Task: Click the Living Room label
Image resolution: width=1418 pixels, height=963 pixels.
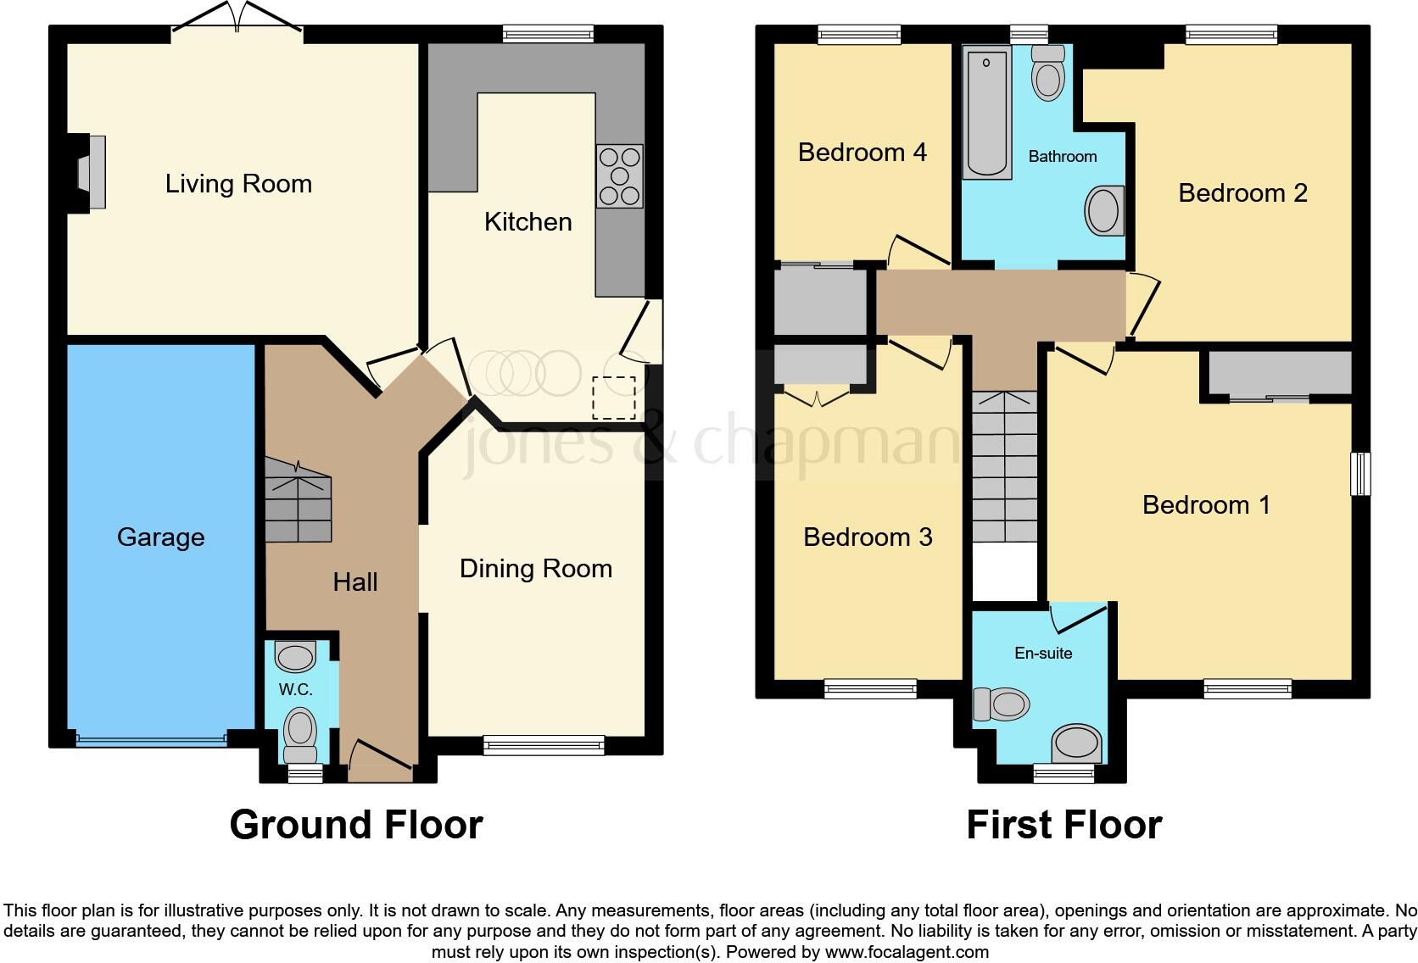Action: coord(238,184)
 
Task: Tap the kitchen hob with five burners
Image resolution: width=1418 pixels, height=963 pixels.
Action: coord(619,176)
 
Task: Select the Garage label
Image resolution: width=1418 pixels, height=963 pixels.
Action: coord(161,537)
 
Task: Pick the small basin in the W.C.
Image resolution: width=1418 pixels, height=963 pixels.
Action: coord(295,656)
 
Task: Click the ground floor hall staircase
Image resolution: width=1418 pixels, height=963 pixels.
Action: coord(298,503)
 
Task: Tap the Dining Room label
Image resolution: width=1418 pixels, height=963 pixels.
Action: coord(536,569)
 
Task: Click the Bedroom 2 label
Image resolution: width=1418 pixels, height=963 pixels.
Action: coord(1242,193)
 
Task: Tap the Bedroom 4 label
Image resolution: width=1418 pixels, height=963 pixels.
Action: coord(863,153)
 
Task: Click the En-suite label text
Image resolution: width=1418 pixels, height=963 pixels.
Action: coord(1043,653)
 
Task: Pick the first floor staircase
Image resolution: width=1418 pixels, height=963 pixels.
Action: coord(1004,466)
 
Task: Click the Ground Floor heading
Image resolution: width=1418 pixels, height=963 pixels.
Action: coord(356,825)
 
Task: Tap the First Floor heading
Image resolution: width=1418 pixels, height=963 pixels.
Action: coord(1063,825)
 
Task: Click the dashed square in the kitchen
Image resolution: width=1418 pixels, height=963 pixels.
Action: coord(614,398)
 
